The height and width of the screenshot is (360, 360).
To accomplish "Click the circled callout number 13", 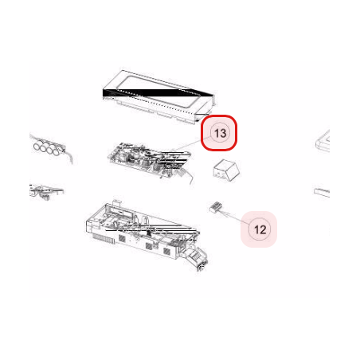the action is click(x=219, y=133).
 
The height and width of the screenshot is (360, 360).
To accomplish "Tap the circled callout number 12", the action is click(x=259, y=229).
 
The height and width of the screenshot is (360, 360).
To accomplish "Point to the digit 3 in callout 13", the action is click(x=223, y=133).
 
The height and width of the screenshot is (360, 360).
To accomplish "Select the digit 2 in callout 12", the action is click(x=263, y=229).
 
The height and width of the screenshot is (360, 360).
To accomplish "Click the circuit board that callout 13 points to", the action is click(x=151, y=162).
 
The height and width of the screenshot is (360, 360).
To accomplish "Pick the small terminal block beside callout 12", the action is click(x=216, y=208).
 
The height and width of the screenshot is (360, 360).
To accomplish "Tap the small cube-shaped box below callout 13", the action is click(x=226, y=170).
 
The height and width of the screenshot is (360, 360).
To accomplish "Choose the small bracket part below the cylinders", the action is click(x=45, y=191).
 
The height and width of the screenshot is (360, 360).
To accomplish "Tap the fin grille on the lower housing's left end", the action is click(x=104, y=238).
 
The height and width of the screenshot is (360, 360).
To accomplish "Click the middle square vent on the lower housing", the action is click(x=149, y=246).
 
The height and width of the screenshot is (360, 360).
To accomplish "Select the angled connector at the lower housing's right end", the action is click(x=197, y=258).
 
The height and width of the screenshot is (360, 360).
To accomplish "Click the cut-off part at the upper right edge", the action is click(x=323, y=141).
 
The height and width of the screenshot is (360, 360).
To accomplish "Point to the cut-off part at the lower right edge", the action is click(x=322, y=193).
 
